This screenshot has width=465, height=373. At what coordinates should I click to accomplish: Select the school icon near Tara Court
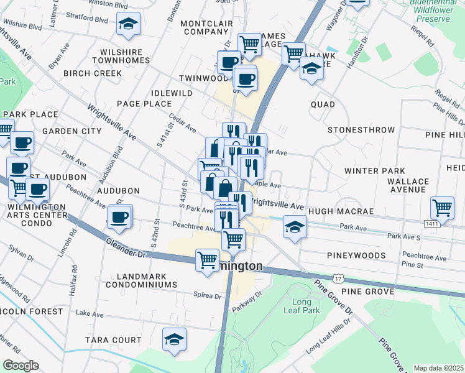pos(175,339)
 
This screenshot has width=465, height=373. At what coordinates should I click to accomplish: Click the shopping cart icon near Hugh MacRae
pos(442,207)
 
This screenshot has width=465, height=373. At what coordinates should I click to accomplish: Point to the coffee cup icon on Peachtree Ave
pos(119,216)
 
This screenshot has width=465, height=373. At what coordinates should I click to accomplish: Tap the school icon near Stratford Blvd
pos(129,25)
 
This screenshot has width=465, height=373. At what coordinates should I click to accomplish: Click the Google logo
pos(21,366)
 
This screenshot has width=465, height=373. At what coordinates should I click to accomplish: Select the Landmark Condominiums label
pos(141,279)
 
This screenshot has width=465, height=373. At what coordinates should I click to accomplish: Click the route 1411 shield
pos(433,223)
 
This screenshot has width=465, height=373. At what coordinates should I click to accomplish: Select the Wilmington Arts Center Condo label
pos(37,211)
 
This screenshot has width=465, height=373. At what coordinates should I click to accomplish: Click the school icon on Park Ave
pos(295,226)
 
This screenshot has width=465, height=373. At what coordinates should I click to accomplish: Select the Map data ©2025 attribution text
pos(439,368)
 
